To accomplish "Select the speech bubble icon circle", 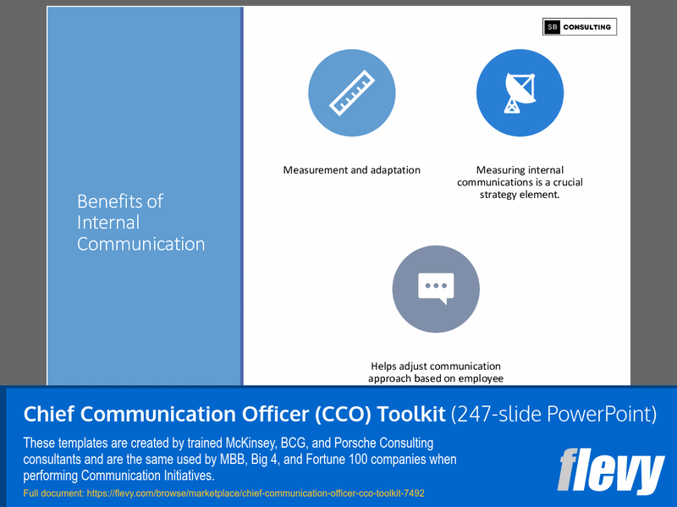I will [x=436, y=289].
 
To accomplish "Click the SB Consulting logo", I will [x=580, y=27].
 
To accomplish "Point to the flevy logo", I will [x=610, y=470].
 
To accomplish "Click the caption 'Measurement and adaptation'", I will [x=351, y=170].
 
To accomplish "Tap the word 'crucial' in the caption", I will [x=563, y=182].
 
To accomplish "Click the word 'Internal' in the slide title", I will [x=108, y=223].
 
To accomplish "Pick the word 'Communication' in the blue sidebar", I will [x=140, y=245].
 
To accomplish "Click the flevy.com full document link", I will [x=223, y=493].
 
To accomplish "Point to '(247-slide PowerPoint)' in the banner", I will [x=553, y=414].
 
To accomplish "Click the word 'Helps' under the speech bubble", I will [x=385, y=366].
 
